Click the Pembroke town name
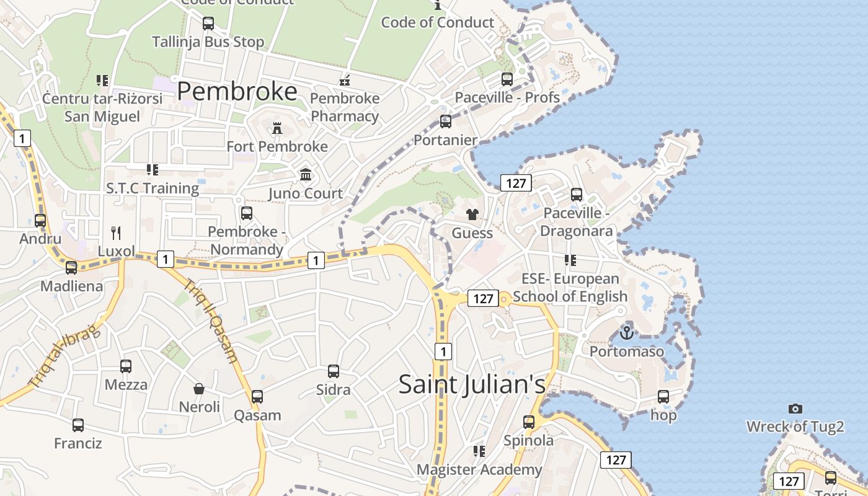point(237,91)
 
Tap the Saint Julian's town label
point(472,384)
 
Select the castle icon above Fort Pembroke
point(277,129)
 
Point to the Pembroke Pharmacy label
point(345,107)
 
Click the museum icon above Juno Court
point(306,175)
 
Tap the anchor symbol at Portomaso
point(627,333)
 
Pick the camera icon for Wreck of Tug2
point(795,409)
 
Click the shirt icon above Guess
point(472,215)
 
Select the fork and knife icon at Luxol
point(116,233)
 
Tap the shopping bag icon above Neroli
point(199,389)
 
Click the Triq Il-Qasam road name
point(211,321)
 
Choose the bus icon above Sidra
point(334,371)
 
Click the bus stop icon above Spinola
point(528,422)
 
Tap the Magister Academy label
point(479,470)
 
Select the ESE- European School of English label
point(570,288)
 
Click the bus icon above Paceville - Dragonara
point(577,195)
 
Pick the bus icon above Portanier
point(446,122)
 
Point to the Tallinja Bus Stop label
point(208,42)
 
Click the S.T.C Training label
point(153,188)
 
